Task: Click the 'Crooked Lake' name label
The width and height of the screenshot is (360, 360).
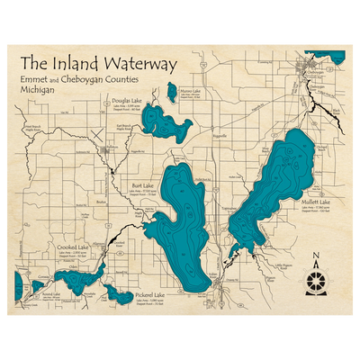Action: [72, 247]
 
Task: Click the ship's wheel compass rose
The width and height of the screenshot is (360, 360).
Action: [317, 282]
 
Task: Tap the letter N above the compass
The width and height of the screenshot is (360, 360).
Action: [317, 258]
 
